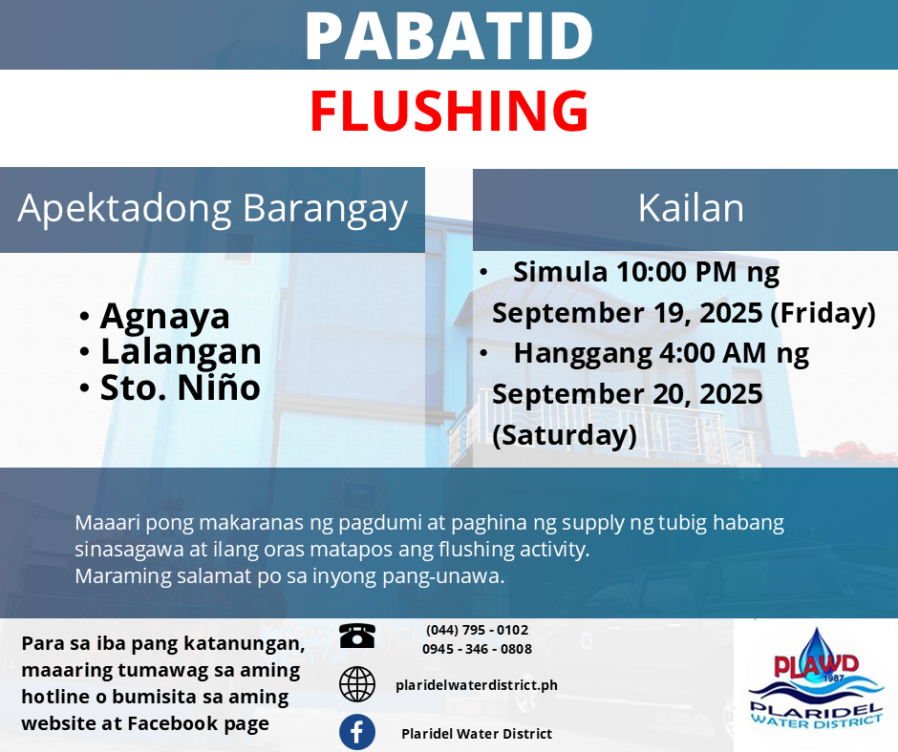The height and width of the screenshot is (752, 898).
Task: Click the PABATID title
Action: [x=449, y=35]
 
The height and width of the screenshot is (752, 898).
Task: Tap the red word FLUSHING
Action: [x=449, y=111]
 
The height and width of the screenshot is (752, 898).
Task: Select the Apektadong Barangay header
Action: [x=212, y=208]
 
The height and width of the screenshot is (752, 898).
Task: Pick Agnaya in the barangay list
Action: [x=165, y=317]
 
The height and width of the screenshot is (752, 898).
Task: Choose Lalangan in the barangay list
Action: [x=181, y=351]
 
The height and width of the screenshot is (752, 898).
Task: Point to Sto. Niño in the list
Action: [x=181, y=387]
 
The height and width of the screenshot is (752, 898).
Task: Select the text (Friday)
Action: [x=823, y=313]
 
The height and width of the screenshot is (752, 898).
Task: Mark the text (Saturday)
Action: [x=565, y=435]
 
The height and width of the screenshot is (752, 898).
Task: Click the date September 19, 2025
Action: [x=628, y=313]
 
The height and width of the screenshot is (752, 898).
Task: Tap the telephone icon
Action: [x=356, y=636]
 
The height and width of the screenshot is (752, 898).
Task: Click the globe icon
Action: [x=356, y=684]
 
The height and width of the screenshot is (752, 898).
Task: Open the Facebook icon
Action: [x=356, y=732]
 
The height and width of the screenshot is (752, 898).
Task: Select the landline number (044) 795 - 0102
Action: [x=477, y=630]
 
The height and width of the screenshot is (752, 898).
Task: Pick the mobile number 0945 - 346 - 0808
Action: [x=477, y=649]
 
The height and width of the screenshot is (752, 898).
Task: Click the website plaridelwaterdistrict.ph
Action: [x=477, y=685]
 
